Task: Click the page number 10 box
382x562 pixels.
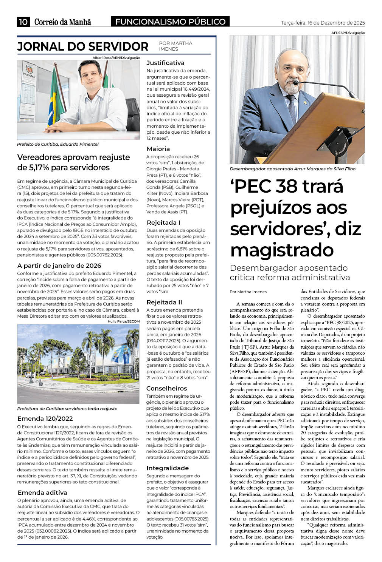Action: [23, 22]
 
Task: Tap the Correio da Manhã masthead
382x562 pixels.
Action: [63, 22]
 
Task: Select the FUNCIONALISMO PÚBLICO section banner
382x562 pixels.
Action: [170, 22]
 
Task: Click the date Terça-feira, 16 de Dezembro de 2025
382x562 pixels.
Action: [323, 23]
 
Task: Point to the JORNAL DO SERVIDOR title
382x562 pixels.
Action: [83, 46]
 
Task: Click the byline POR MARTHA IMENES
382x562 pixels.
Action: [175, 46]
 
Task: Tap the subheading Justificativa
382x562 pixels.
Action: [165, 63]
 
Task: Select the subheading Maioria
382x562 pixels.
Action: [158, 149]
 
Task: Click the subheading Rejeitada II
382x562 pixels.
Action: [164, 302]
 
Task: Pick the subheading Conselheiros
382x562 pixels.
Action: [166, 388]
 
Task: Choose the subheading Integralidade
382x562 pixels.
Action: [168, 468]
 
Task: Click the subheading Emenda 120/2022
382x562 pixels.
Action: [45, 418]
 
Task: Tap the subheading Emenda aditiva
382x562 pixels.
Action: [42, 493]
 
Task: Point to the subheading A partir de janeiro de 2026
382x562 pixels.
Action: [59, 266]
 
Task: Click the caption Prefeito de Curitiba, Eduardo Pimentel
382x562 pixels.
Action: [58, 144]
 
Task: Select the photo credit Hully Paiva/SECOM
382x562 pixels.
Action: [124, 321]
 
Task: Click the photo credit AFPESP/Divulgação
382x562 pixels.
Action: [348, 33]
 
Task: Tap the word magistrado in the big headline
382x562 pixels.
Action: [282, 250]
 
